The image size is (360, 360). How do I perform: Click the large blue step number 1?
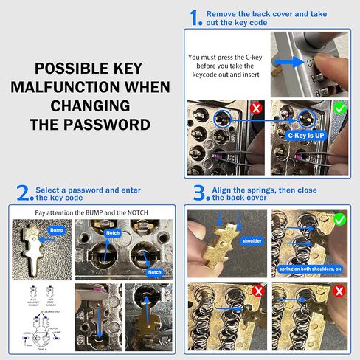coord(195,18)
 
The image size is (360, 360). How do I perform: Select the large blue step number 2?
coord(25,193)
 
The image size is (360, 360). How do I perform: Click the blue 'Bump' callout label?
coord(58,230)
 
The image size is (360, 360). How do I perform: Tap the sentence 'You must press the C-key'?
coord(226,57)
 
